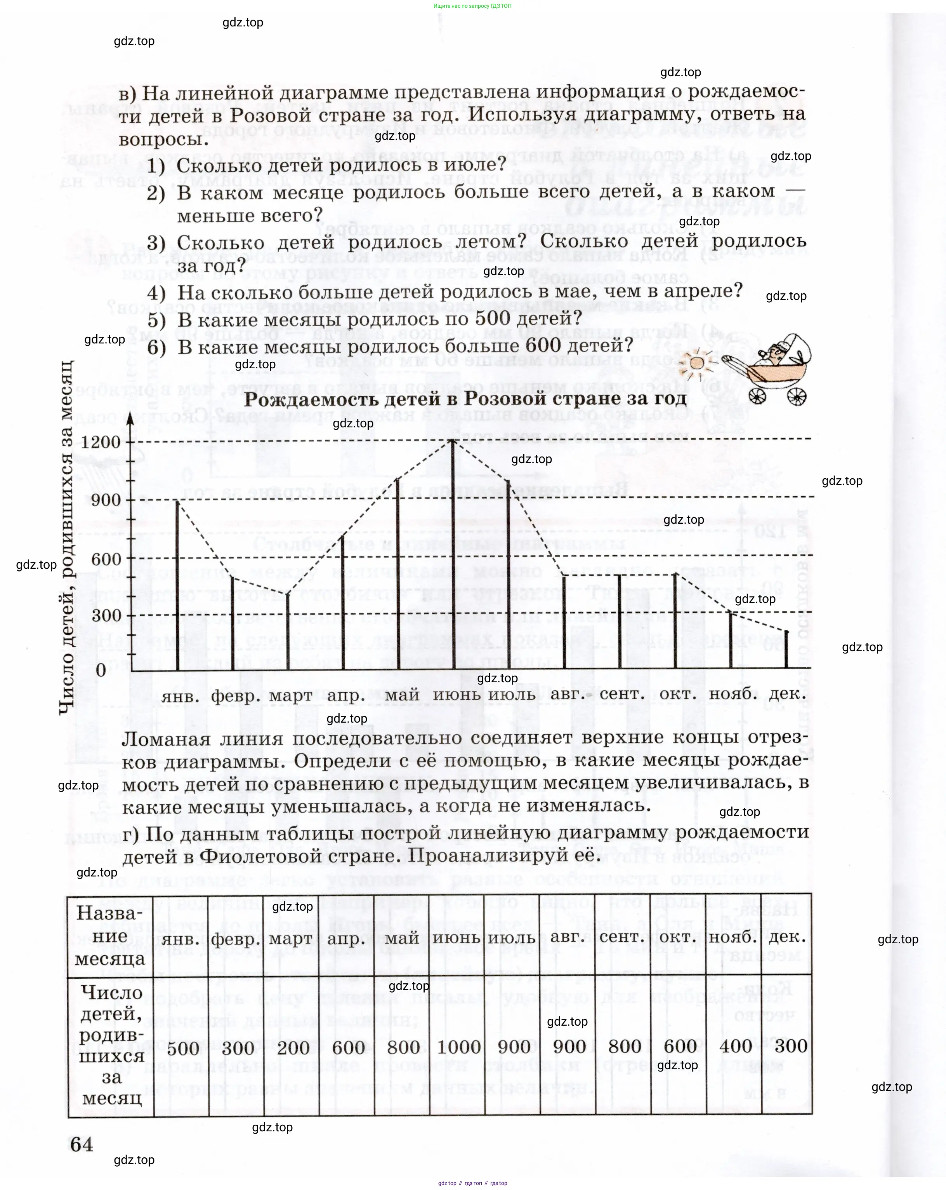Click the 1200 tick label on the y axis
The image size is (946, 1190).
tap(101, 442)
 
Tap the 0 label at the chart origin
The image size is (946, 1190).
tap(101, 670)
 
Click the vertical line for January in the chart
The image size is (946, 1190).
tap(177, 585)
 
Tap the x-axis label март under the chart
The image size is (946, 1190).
tap(291, 695)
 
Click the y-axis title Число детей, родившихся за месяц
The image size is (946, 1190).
tap(66, 538)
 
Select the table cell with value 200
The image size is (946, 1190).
tap(293, 1047)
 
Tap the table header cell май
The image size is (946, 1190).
tap(402, 938)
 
